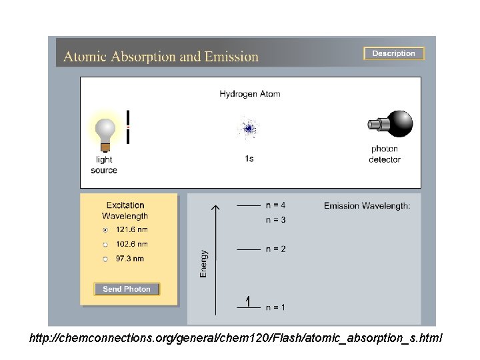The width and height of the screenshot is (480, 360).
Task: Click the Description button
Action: [x=393, y=53]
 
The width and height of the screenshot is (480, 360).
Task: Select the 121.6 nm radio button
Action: [x=105, y=229]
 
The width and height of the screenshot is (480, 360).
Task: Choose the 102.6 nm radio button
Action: [x=105, y=244]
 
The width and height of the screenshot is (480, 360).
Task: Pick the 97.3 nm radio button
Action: [x=105, y=259]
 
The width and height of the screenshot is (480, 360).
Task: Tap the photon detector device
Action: [x=391, y=125]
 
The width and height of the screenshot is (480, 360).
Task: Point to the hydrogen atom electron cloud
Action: [x=249, y=128]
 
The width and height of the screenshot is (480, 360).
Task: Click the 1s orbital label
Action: [x=249, y=159]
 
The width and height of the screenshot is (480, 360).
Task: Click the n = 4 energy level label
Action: [x=275, y=205]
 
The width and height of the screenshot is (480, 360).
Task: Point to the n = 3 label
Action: [x=275, y=219]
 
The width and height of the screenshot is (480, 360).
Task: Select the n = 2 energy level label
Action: [x=275, y=249]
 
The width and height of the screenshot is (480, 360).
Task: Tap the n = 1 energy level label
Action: [x=275, y=307]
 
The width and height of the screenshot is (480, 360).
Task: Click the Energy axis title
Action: [x=204, y=263]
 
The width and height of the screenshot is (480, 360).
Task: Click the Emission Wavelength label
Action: [x=367, y=206]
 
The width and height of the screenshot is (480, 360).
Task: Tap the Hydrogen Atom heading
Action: [x=250, y=94]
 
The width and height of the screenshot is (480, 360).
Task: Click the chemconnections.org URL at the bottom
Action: [x=236, y=339]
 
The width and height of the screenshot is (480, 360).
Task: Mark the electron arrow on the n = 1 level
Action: [x=248, y=301]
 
